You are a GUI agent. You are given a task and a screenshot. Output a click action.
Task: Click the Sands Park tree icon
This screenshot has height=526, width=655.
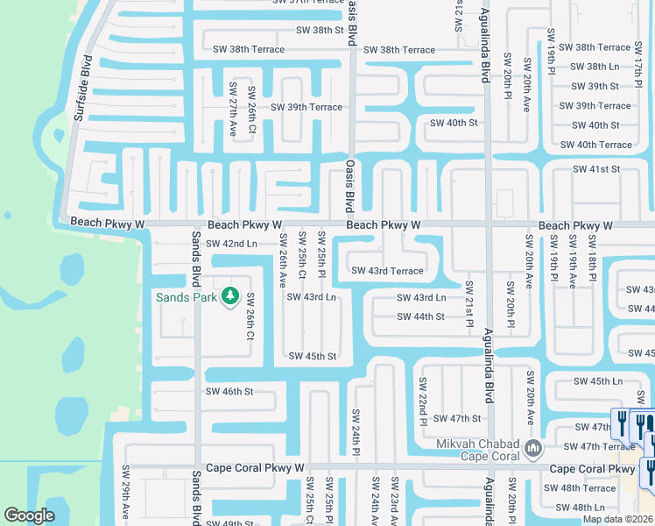pyautogui.click(x=230, y=296)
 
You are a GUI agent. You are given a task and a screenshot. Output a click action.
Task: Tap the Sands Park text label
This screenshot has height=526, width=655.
pyautogui.click(x=187, y=297)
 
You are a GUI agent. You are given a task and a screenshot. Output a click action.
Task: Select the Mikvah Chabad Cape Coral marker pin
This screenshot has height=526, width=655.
pyautogui.click(x=532, y=451)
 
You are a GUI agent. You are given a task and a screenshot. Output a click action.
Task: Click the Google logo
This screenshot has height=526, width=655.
pyautogui.click(x=29, y=515)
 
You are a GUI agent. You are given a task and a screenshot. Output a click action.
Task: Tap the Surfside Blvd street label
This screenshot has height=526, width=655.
pyautogui.click(x=82, y=89)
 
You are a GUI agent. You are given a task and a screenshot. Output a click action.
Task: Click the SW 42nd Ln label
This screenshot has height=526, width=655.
pyautogui.click(x=231, y=243)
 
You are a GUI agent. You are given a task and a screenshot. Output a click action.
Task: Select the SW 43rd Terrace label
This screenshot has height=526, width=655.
pyautogui.click(x=387, y=271)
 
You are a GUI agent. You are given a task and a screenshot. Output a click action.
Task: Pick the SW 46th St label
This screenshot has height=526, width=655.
pyautogui.click(x=229, y=391)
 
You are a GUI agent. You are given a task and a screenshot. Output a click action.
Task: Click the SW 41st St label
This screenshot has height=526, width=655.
pyautogui.click(x=595, y=168)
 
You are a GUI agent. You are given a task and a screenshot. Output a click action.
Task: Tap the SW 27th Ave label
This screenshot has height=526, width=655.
pyautogui.click(x=233, y=110)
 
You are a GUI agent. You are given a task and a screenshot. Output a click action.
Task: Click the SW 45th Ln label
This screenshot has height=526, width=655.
pyautogui.click(x=597, y=381)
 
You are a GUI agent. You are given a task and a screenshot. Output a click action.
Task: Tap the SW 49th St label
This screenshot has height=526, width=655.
pyautogui.click(x=229, y=523)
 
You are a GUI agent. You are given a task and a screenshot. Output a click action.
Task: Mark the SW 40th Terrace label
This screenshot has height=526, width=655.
pyautogui.click(x=595, y=145)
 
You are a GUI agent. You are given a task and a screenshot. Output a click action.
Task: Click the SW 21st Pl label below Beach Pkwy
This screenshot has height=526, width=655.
pyautogui.click(x=469, y=304)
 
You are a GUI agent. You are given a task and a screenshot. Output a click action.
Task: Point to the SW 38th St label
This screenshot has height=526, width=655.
pyautogui.click(x=320, y=30)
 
